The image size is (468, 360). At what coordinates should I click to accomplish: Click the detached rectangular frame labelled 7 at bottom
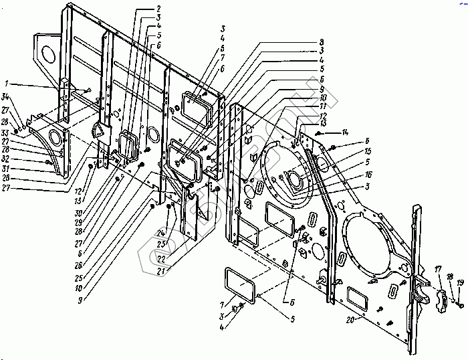(241, 285)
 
